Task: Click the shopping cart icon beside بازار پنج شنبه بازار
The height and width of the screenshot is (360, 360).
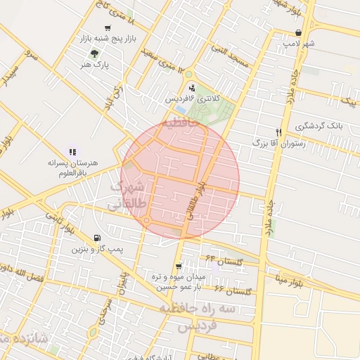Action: click(106, 28)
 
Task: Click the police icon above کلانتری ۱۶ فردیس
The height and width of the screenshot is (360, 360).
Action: click(192, 88)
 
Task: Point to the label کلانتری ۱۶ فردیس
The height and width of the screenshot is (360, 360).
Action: click(192, 99)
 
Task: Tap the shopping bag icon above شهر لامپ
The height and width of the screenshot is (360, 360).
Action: click(299, 32)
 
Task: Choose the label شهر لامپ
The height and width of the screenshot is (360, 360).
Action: click(299, 44)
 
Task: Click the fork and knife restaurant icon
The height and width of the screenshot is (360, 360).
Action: click(279, 131)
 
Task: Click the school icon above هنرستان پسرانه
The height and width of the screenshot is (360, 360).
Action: click(72, 150)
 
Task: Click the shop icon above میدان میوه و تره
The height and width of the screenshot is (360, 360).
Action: click(178, 266)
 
